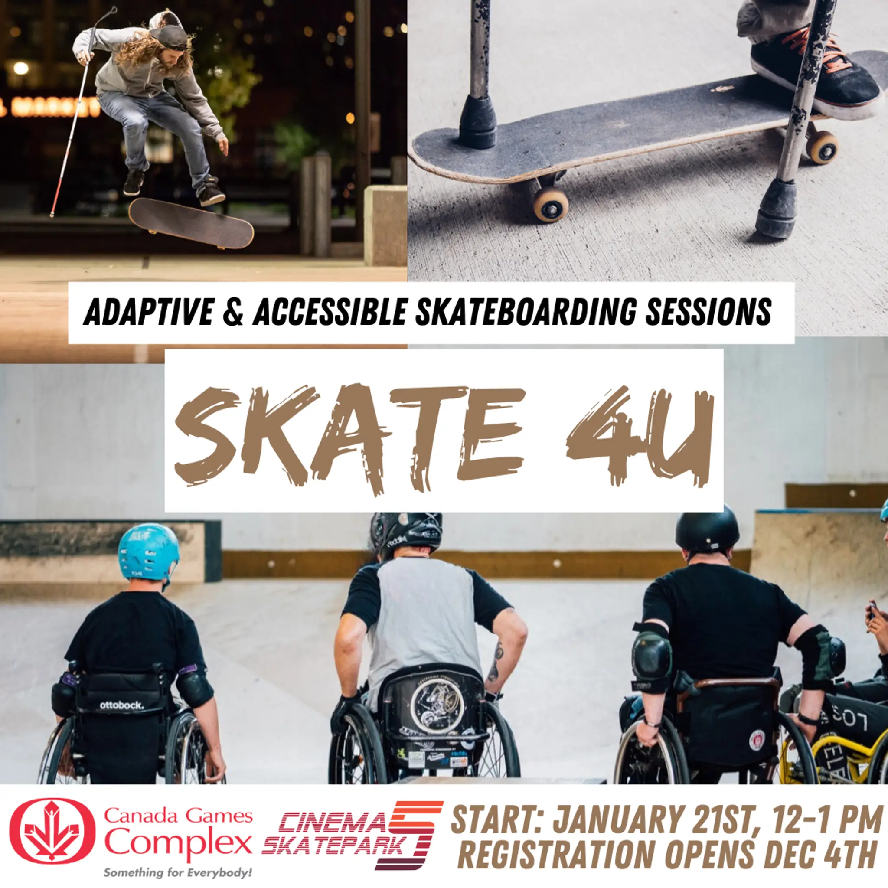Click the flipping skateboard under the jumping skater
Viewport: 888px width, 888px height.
pos(191,223)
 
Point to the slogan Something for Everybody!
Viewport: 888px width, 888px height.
pos(177,872)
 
